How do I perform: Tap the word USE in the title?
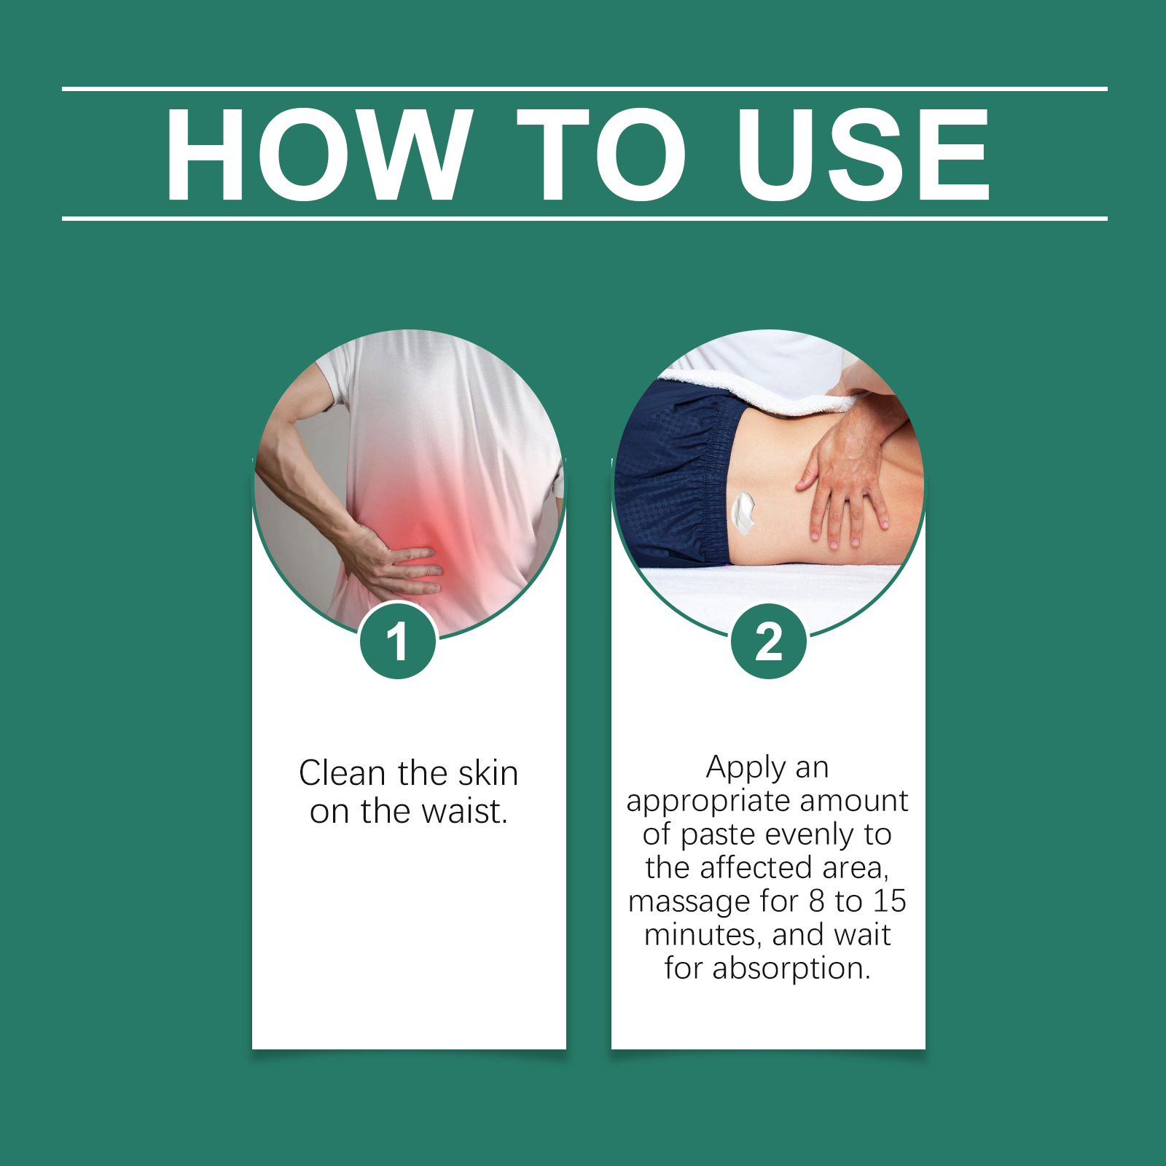pyautogui.click(x=863, y=154)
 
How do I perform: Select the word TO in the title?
pyautogui.click(x=601, y=154)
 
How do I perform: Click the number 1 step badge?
pyautogui.click(x=398, y=641)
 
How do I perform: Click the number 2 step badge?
pyautogui.click(x=769, y=641)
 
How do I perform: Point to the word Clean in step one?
pyautogui.click(x=342, y=772)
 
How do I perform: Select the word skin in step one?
pyautogui.click(x=488, y=772)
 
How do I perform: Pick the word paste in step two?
pyautogui.click(x=719, y=835)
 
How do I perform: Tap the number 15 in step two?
pyautogui.click(x=889, y=901)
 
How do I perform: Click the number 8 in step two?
pyautogui.click(x=816, y=901)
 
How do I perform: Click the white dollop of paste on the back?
pyautogui.click(x=743, y=512)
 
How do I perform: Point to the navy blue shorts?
pyautogui.click(x=674, y=474)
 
